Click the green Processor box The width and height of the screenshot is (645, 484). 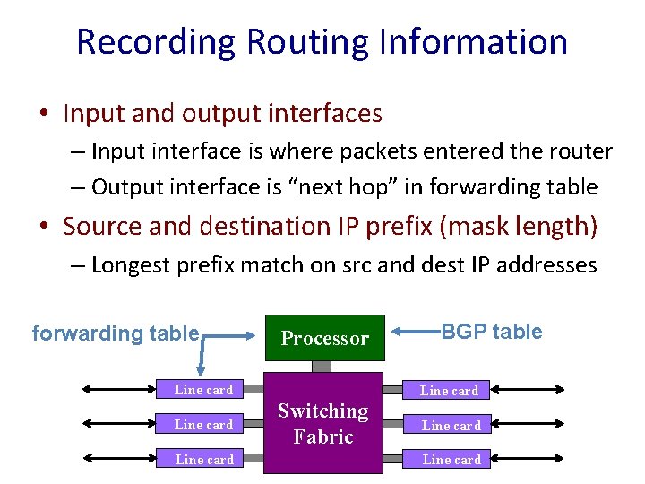323,338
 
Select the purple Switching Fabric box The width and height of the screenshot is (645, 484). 322,423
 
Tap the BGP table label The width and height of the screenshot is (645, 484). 492,332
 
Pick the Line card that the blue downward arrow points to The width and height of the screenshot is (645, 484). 203,390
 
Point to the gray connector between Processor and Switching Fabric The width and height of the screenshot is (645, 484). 322,366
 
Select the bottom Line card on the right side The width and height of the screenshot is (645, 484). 451,460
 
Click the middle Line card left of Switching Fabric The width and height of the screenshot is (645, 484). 203,425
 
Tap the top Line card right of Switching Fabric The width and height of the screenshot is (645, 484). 449,391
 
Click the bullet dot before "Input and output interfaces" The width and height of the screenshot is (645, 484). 43,115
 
